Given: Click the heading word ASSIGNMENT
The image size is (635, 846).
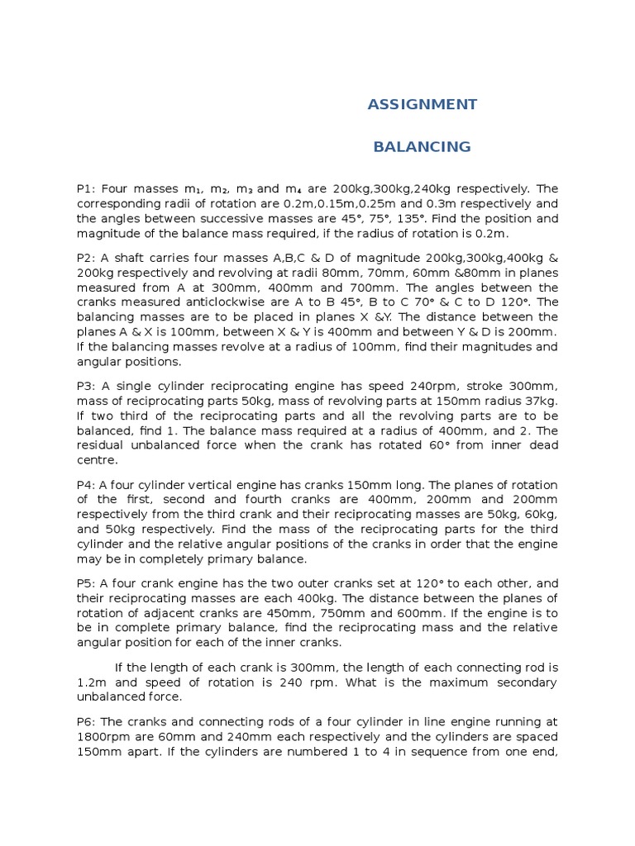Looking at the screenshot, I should (x=422, y=104).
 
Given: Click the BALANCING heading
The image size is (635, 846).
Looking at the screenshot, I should (x=422, y=147).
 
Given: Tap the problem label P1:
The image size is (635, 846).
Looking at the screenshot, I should (x=87, y=188).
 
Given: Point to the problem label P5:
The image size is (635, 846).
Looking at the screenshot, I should (x=87, y=583).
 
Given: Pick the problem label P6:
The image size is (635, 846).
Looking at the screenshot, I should (x=87, y=720).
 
